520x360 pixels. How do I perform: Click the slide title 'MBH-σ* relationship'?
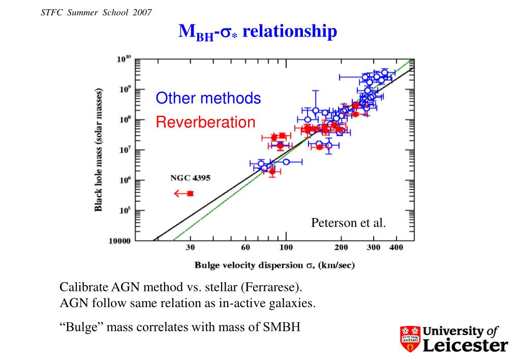click(258, 32)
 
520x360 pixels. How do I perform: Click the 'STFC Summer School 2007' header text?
click(96, 13)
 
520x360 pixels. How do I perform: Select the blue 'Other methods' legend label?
click(208, 98)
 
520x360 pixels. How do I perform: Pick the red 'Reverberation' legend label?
click(206, 122)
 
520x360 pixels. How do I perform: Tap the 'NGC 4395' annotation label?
click(190, 178)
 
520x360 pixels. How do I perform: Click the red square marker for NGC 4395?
click(190, 193)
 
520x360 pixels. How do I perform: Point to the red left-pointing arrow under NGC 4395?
click(181, 193)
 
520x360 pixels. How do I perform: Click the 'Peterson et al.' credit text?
click(349, 223)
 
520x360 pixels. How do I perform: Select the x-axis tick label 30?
click(190, 248)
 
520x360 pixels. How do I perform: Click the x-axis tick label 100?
click(286, 248)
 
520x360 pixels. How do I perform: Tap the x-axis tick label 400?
click(396, 248)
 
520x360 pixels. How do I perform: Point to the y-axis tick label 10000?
click(120, 241)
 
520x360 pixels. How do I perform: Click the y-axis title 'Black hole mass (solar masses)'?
click(99, 149)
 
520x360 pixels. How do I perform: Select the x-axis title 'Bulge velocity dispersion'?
click(249, 265)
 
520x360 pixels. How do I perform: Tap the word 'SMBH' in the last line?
click(282, 327)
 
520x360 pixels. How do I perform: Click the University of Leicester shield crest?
click(410, 339)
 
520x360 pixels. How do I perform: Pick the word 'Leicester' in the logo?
click(466, 345)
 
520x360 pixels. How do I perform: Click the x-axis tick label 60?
click(246, 248)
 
